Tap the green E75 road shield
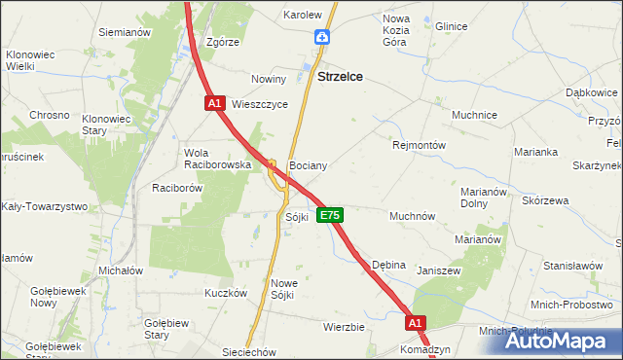pos(330,215)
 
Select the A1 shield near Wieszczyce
pos(215,102)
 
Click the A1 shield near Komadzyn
pos(416,322)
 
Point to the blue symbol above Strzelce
pos(322,37)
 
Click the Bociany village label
pos(308,166)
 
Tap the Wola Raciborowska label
pos(218,159)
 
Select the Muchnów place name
pos(412,215)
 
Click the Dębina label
pos(389,265)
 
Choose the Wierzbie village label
pos(344,327)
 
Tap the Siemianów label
pos(124,32)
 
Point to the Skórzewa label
pos(545,200)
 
